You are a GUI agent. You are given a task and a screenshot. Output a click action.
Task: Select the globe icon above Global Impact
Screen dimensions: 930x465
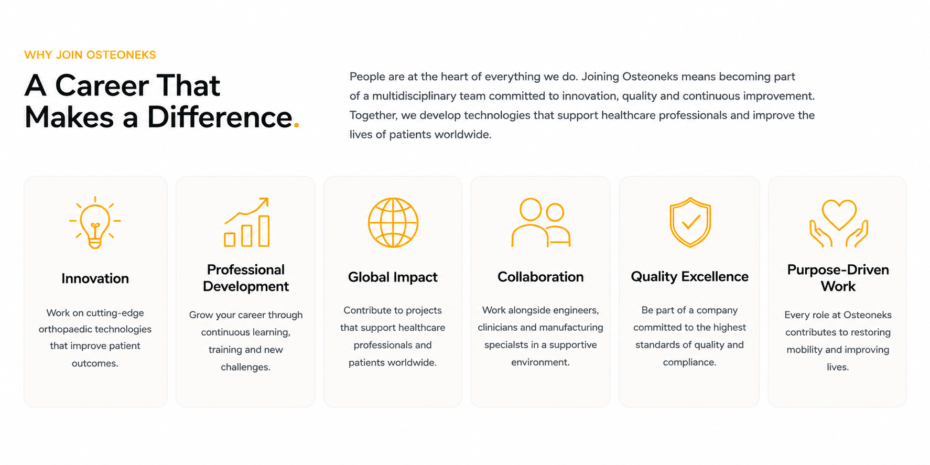[393, 222]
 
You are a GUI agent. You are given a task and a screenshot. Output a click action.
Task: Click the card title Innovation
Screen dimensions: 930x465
[95, 278]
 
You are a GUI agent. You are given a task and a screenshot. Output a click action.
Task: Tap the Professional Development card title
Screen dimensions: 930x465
[246, 278]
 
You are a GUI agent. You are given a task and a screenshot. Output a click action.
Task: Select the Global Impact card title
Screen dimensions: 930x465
[393, 277]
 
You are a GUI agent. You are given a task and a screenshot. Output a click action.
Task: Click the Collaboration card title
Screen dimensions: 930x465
[540, 277]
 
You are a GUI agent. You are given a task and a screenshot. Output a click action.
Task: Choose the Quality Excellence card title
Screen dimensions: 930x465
[689, 276]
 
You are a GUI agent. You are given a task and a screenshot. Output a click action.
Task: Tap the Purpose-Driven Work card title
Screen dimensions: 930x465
[838, 278]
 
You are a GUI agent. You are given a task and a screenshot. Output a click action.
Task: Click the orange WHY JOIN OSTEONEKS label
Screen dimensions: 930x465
[90, 55]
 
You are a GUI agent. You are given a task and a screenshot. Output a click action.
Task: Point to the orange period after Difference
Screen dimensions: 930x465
[296, 125]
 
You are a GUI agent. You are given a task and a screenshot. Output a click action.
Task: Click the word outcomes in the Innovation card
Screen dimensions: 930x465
[95, 363]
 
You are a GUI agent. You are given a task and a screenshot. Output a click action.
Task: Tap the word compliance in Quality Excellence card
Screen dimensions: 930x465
[689, 362]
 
